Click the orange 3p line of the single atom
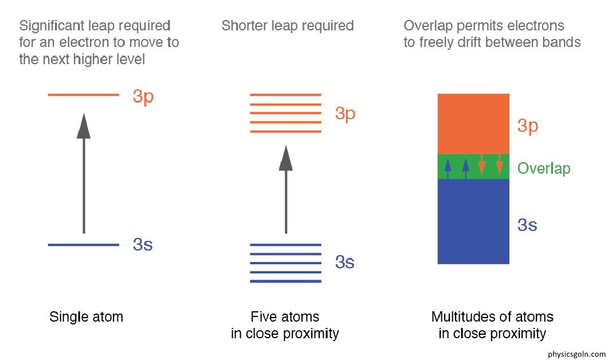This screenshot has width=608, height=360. point(83,95)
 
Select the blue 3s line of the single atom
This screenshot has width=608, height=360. point(83,245)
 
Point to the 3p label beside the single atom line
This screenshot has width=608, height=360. point(143,96)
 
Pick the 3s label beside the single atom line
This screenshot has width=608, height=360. point(143,245)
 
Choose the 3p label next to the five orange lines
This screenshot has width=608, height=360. point(346,114)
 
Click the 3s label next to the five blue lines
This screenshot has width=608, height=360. point(345,263)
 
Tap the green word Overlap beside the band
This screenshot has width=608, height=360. point(544,169)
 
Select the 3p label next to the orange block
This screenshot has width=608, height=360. point(528,126)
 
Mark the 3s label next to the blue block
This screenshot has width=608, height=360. point(527,225)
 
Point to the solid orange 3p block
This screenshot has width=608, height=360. point(473,123)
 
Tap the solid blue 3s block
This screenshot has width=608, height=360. point(473,224)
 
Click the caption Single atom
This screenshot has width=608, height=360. point(87,317)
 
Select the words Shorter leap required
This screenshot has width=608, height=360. point(288,26)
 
